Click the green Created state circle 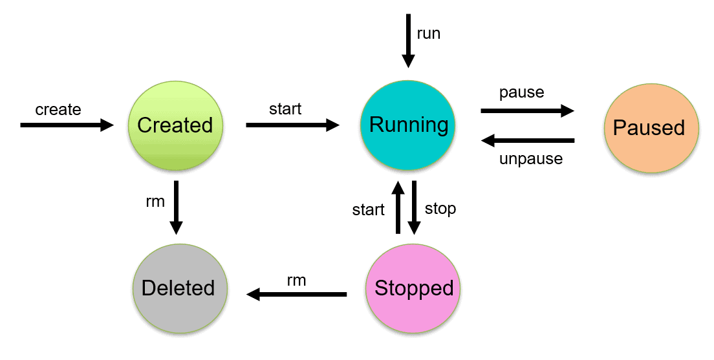[175, 125]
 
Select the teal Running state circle [408, 125]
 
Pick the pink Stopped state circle [414, 288]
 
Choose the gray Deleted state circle [179, 288]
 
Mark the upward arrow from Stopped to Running [398, 207]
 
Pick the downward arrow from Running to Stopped [415, 207]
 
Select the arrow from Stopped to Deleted [297, 295]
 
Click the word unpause [530, 159]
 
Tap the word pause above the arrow [521, 92]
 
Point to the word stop [440, 208]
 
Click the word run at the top [428, 34]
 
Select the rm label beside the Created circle [155, 202]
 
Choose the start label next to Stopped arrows [368, 210]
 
